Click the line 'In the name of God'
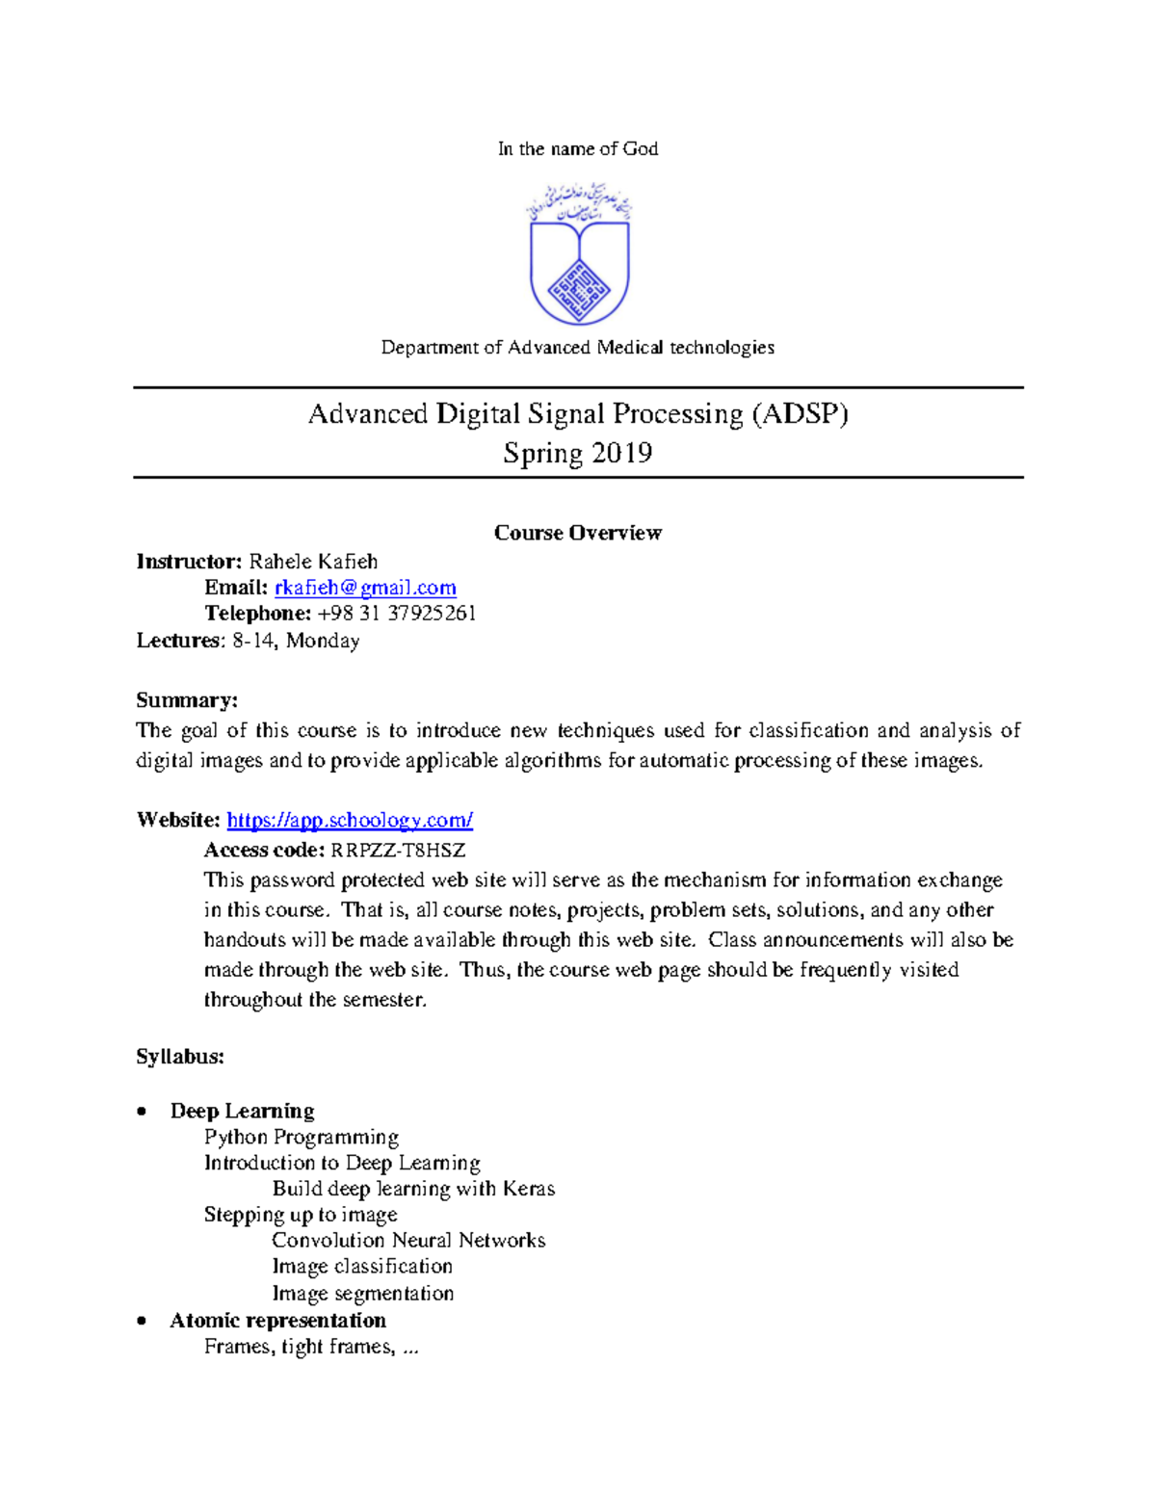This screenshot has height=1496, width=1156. [578, 148]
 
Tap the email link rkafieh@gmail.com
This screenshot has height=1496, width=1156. [365, 588]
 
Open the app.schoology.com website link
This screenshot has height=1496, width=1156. [350, 820]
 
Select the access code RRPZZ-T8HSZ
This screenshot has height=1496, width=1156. [398, 850]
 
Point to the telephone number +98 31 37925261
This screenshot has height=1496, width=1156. [397, 614]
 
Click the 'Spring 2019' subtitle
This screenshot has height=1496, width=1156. [578, 453]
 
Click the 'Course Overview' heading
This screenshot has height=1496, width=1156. [578, 533]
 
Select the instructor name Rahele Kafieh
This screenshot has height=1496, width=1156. [313, 562]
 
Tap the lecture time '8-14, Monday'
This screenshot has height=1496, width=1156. [296, 641]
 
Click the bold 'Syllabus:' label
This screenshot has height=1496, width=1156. [180, 1057]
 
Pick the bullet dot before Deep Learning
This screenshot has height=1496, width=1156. [143, 1112]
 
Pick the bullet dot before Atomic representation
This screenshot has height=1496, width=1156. [143, 1321]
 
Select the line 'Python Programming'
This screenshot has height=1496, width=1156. [302, 1138]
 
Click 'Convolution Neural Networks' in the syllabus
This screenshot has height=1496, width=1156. [408, 1241]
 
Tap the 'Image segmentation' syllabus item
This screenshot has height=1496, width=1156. [363, 1293]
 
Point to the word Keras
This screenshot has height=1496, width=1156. [529, 1189]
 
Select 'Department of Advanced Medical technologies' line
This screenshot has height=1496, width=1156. [578, 347]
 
